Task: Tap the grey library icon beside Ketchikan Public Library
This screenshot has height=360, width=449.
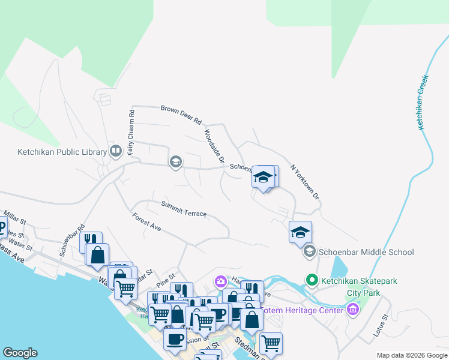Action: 116,152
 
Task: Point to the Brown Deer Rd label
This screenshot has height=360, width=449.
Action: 181,115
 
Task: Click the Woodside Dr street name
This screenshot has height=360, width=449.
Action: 214,147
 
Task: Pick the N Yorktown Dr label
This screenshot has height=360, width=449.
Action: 305,182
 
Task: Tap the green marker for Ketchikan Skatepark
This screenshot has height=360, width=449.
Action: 312,280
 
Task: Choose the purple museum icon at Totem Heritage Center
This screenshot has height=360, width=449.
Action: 352,310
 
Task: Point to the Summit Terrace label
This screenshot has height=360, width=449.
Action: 184,209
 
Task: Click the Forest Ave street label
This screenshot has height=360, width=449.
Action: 147,222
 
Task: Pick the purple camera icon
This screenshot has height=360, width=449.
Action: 221,281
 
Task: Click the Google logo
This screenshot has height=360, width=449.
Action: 20,353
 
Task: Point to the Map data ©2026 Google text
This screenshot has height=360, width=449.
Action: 411,355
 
